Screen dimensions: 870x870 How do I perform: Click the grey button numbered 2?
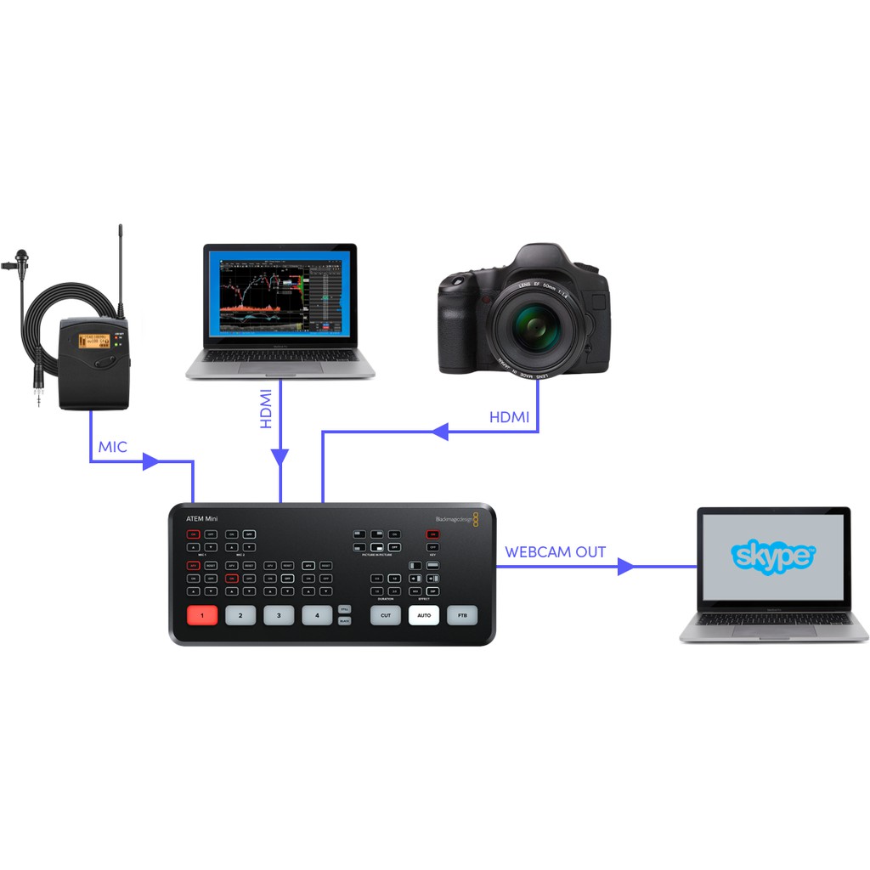pyautogui.click(x=240, y=615)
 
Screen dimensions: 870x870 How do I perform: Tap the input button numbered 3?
pyautogui.click(x=279, y=615)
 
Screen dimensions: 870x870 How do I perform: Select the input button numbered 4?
pyautogui.click(x=317, y=615)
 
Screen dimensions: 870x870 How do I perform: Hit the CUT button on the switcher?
pyautogui.click(x=386, y=615)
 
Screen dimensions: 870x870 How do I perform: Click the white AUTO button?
pyautogui.click(x=424, y=615)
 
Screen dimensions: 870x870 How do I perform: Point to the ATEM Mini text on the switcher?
pyautogui.click(x=202, y=518)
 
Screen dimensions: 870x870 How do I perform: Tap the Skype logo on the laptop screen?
pyautogui.click(x=773, y=556)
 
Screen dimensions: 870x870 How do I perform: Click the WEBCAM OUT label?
pyautogui.click(x=556, y=552)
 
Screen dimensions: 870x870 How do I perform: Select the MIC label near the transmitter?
pyautogui.click(x=112, y=447)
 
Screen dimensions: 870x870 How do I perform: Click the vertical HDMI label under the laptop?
pyautogui.click(x=266, y=409)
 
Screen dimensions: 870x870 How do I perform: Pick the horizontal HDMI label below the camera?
pyautogui.click(x=509, y=417)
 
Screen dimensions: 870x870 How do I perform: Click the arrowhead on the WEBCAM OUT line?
pyautogui.click(x=626, y=566)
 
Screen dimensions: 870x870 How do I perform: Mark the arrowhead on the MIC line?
pyautogui.click(x=151, y=462)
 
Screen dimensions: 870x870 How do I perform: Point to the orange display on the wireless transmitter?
pyautogui.click(x=94, y=341)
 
